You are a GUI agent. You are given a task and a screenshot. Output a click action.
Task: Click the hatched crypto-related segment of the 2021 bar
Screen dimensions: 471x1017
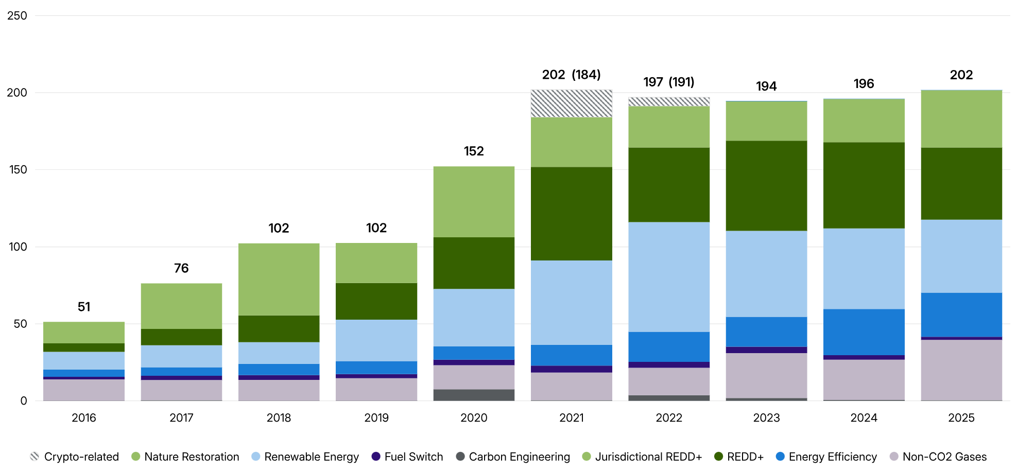[x=571, y=103]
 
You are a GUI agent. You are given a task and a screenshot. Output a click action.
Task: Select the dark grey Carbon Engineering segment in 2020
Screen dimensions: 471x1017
[x=474, y=395]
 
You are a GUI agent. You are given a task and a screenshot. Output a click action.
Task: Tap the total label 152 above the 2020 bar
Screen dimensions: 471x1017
[x=474, y=151]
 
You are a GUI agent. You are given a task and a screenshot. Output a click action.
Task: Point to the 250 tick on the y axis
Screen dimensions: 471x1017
[x=18, y=16]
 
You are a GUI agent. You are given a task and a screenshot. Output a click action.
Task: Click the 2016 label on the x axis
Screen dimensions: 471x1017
[x=84, y=418]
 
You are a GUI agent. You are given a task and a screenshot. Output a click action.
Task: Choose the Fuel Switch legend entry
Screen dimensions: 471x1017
[x=407, y=457]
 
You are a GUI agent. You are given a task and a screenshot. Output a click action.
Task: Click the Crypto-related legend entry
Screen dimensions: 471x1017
[x=75, y=457]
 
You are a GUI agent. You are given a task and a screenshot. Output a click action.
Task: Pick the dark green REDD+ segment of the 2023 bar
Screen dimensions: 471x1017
[x=766, y=186]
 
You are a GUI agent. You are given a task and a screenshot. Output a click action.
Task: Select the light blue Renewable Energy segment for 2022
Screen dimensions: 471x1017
[x=669, y=277]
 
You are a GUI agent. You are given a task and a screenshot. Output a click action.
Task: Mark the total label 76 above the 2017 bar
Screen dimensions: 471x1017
[x=181, y=268]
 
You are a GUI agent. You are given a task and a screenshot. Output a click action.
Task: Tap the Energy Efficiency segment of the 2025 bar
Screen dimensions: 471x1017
[x=961, y=315]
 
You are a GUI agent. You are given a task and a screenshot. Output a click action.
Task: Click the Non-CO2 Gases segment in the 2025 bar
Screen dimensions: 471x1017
[x=961, y=370]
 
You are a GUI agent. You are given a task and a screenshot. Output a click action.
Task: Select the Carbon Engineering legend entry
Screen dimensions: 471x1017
[x=513, y=457]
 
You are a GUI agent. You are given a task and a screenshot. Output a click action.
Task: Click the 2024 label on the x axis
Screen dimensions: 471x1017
[x=864, y=418]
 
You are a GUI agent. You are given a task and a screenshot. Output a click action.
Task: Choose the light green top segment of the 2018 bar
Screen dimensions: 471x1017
[x=279, y=280]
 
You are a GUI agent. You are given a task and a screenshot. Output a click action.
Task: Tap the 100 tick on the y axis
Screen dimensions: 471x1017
[x=18, y=247]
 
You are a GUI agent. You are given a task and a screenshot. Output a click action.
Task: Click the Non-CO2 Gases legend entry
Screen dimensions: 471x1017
[x=938, y=457]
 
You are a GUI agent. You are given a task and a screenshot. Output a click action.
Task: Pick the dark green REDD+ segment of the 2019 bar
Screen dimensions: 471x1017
[x=376, y=301]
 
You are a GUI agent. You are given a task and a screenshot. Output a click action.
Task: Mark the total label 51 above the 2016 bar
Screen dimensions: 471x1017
[x=84, y=307]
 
